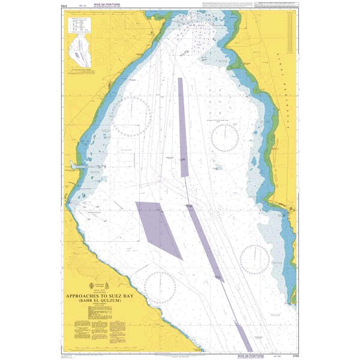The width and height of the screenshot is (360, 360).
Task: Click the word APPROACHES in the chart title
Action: pos(88,295)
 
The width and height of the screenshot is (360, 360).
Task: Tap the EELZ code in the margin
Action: pos(64,4)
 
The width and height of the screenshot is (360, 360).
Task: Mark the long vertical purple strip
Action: pos(182,126)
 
